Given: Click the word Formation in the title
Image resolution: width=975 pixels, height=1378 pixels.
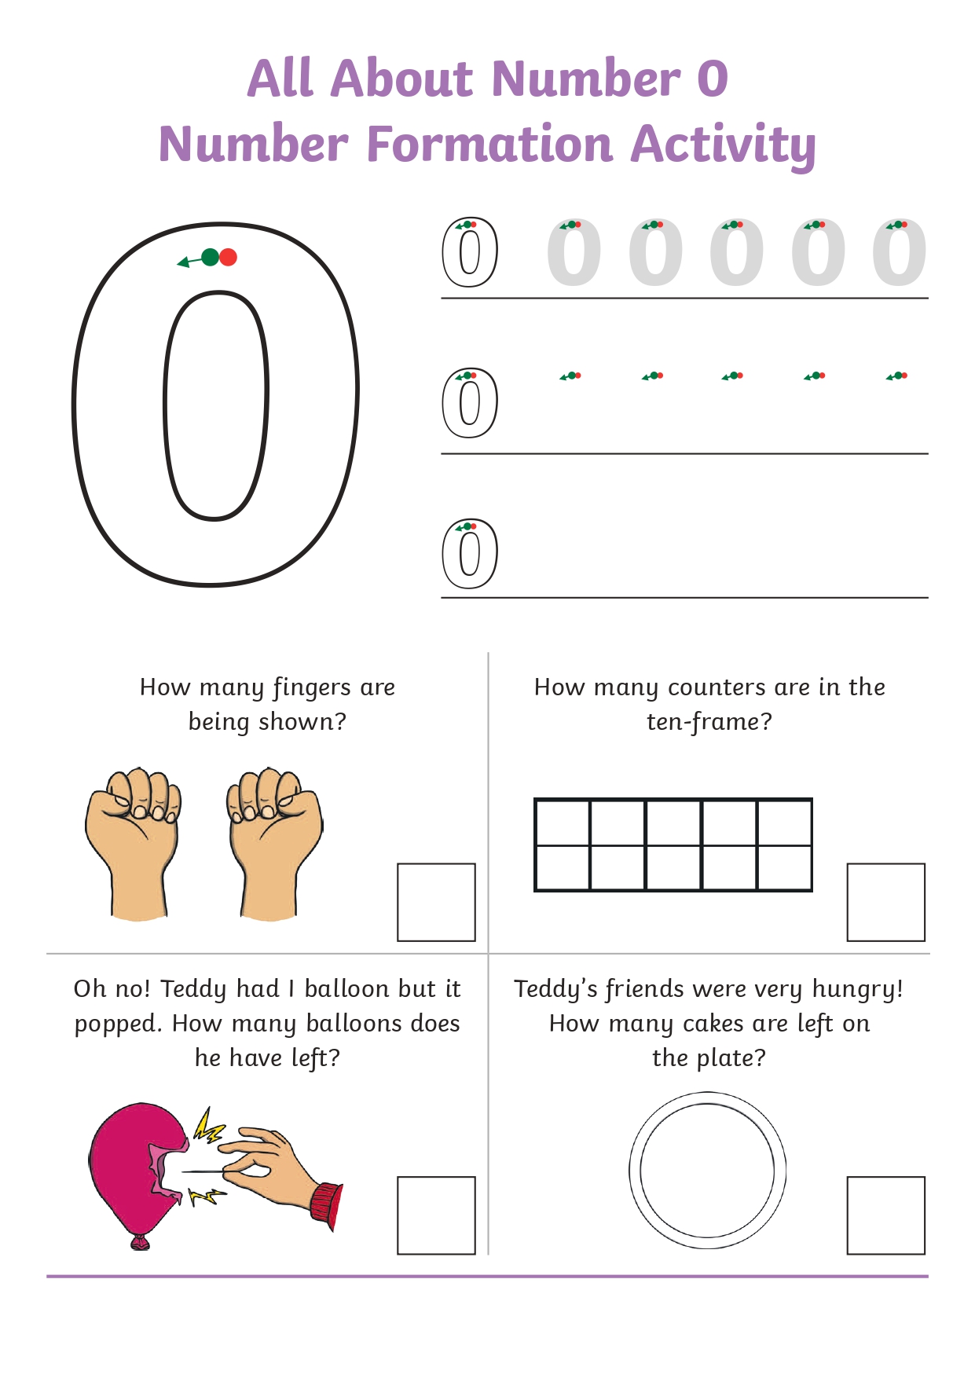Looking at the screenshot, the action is tap(489, 144).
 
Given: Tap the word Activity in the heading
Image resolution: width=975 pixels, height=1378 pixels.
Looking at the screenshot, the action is tap(723, 145).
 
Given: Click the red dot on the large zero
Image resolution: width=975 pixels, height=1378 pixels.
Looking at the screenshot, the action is tap(228, 257).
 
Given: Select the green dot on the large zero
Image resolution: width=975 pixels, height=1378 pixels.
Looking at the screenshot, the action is tap(210, 257).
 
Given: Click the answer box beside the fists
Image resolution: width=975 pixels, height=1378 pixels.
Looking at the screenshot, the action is tap(436, 902).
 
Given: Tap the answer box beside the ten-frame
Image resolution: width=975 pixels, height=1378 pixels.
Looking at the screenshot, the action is tap(885, 902).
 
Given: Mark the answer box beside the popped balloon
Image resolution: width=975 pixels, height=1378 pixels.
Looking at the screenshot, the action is tap(436, 1215).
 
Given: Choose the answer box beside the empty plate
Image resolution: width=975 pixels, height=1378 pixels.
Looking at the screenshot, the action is tap(885, 1215).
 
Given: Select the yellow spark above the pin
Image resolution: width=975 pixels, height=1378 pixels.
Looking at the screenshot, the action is tap(209, 1126).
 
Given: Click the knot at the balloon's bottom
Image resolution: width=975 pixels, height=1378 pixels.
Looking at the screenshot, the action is tap(140, 1242).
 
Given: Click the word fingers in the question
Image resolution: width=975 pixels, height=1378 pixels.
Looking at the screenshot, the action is tap(312, 688).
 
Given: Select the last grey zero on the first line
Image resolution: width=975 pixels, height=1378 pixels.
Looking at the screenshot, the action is tap(900, 252).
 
